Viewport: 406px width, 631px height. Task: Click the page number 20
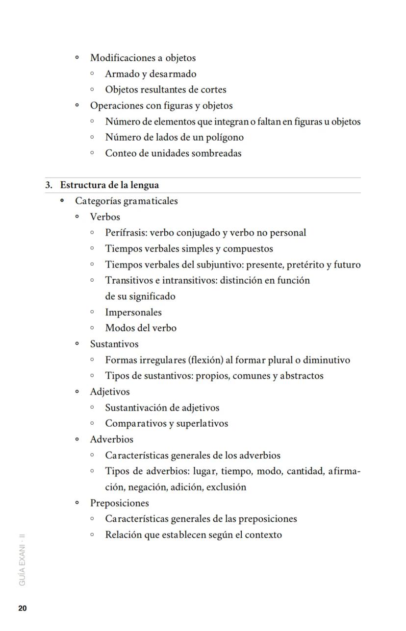[23, 608]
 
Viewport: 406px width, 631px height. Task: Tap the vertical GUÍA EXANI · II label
[23, 559]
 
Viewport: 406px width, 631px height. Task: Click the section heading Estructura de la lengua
[109, 185]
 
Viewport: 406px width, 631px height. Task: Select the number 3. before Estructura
[49, 185]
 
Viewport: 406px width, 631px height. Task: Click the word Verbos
[105, 217]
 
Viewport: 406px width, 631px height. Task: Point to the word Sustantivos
[114, 344]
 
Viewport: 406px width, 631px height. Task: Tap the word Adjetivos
[110, 392]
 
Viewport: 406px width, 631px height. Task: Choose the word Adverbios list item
[111, 439]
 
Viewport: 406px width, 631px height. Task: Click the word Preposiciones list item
[119, 503]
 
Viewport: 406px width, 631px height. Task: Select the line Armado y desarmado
[151, 74]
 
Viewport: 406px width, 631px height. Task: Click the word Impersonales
[133, 313]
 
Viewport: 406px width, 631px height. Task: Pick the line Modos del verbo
[141, 328]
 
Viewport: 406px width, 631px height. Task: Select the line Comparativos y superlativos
[166, 424]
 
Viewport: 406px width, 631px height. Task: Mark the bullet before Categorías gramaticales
[62, 201]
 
